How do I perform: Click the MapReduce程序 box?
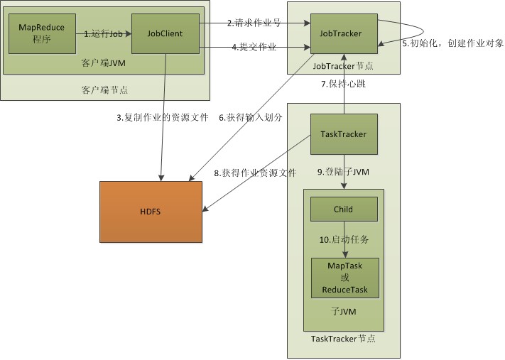coord(40,33)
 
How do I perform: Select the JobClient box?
coord(165,33)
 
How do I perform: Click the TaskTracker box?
coord(344,134)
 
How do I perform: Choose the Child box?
coord(344,209)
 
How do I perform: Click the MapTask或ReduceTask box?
coord(344,278)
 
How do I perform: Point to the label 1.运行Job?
coord(104,33)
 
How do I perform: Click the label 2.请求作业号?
coord(254,23)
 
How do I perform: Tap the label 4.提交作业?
coord(254,48)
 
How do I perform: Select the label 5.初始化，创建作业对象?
coord(453,43)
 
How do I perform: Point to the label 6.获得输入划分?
coord(250,118)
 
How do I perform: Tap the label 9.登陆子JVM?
coord(343,172)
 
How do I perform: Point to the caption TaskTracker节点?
coord(344,339)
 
